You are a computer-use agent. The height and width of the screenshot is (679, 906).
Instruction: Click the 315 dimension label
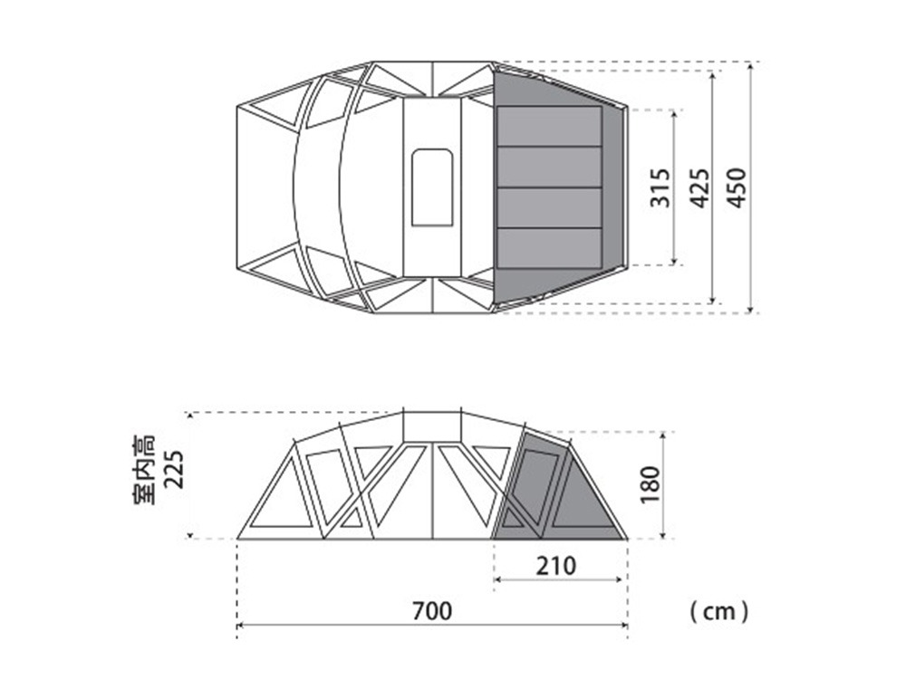tap(660, 187)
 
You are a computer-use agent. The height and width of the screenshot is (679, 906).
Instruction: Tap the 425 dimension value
tap(700, 187)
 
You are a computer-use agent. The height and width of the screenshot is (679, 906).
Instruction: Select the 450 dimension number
tap(737, 187)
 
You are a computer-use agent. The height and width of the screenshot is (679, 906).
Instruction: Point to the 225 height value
tap(173, 469)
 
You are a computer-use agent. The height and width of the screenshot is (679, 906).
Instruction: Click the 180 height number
tap(650, 483)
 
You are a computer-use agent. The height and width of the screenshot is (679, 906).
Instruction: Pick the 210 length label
tap(556, 566)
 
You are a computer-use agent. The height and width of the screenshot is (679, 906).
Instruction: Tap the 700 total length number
tap(432, 611)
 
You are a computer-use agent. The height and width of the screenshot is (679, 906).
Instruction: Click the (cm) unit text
tap(719, 611)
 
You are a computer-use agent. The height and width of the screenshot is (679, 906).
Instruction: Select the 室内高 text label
tap(144, 469)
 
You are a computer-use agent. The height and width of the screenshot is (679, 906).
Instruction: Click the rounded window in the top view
tap(432, 187)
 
